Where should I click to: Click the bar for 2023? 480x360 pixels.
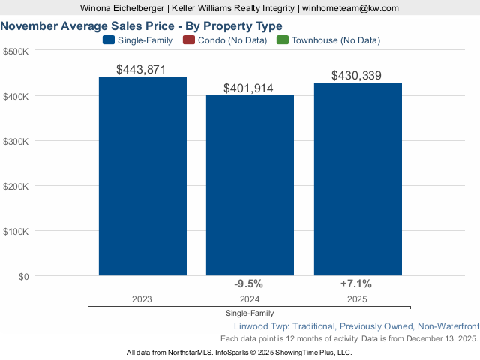[x=142, y=176]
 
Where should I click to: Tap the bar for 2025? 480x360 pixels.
[x=358, y=179]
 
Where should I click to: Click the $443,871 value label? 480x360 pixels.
[x=141, y=69]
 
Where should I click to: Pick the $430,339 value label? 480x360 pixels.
[x=356, y=76]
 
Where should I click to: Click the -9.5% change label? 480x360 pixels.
[x=248, y=283]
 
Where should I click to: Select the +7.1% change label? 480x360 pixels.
[x=356, y=283]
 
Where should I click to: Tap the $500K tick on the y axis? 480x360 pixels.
[x=16, y=51]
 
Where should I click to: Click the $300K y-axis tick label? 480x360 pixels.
[x=16, y=141]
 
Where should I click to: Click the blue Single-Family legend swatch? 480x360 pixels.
[x=108, y=40]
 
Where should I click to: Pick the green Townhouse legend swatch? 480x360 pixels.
[x=281, y=40]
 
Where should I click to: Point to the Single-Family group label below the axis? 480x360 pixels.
[x=249, y=313]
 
